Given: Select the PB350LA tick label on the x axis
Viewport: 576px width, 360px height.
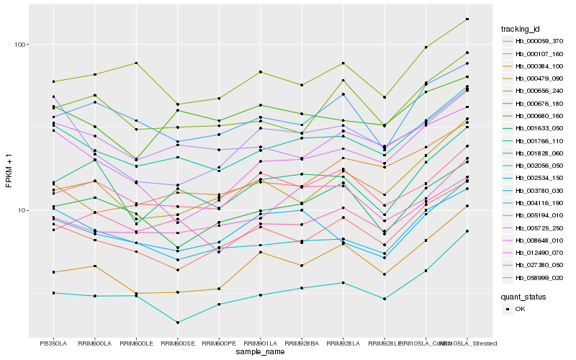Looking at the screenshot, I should [53, 343].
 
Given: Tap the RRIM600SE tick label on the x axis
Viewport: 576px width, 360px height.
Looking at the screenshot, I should [177, 343].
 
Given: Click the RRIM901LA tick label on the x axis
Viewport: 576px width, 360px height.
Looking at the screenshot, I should [260, 343].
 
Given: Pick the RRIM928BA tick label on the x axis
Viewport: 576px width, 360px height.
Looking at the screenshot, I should [302, 343].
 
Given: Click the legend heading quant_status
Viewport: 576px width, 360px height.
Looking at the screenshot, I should [523, 296].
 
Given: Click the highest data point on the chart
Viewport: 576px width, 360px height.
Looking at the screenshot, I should [467, 19].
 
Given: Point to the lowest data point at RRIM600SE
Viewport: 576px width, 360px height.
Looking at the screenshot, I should [177, 323].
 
